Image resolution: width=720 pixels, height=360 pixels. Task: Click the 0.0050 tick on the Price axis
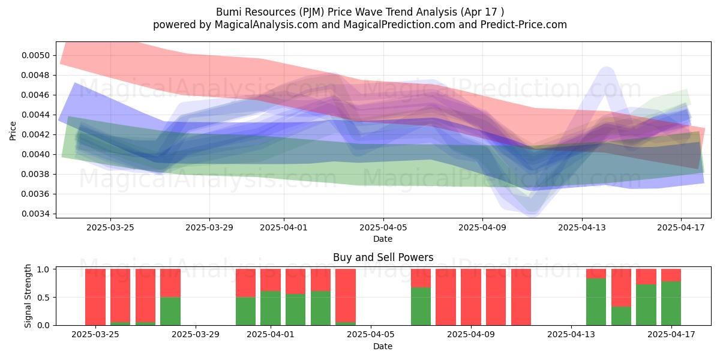[35, 55]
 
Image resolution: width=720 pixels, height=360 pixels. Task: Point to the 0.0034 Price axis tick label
[35, 214]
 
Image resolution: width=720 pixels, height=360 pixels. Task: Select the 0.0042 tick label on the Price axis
[35, 134]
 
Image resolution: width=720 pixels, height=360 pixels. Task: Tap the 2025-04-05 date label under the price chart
[383, 227]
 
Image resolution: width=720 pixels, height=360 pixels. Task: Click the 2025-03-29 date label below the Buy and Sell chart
[196, 334]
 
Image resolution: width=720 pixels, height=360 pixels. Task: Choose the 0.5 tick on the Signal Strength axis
[43, 298]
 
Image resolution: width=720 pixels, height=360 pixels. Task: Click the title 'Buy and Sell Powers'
[383, 257]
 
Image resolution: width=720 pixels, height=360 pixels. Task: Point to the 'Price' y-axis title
[13, 131]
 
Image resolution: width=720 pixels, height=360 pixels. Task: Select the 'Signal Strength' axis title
[28, 296]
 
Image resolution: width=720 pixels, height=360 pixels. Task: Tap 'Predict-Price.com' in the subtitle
[524, 25]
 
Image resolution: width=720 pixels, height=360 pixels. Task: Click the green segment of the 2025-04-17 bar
[671, 303]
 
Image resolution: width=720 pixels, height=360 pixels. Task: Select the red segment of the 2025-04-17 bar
[671, 275]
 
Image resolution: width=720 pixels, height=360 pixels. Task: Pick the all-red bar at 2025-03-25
[95, 297]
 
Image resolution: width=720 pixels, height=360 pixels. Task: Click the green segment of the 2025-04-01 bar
[271, 308]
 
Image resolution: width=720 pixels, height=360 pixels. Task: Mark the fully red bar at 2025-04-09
[470, 297]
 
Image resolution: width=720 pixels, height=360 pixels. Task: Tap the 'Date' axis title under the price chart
[383, 239]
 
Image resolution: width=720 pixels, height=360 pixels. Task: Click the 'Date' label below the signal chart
[383, 346]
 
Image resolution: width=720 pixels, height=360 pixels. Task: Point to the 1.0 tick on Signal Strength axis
[43, 269]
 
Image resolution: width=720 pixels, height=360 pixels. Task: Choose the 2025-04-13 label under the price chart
[582, 227]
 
